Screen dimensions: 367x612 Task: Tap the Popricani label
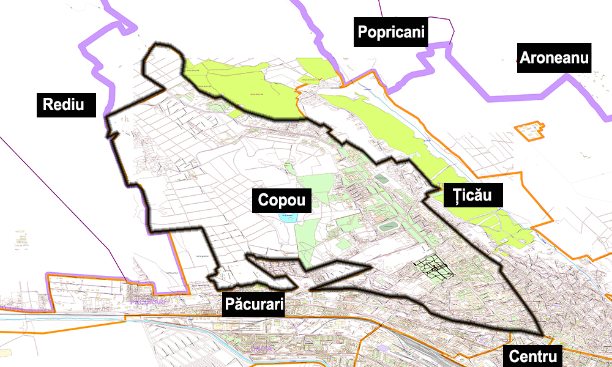tap(391, 32)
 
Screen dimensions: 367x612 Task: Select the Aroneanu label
tap(554, 59)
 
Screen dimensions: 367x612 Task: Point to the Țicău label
tap(473, 196)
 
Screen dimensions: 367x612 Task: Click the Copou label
tap(282, 200)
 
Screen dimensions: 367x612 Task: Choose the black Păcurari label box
tap(254, 303)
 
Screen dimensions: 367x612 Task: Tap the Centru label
tap(531, 355)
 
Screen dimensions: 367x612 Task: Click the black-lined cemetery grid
tap(434, 267)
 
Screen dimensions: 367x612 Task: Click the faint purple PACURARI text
tap(148, 302)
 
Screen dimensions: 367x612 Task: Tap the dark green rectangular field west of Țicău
tap(381, 179)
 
